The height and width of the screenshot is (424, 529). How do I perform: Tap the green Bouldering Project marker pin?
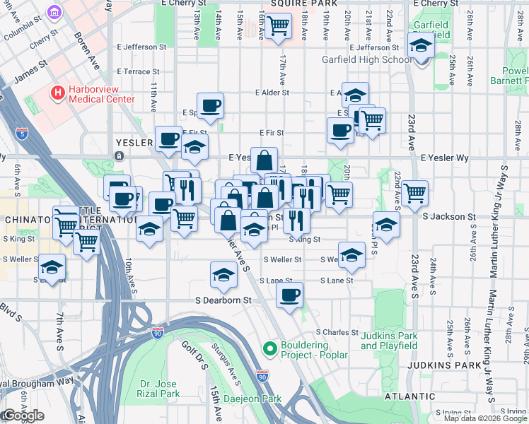pos(269,348)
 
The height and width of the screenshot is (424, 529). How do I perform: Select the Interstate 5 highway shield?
pos(23,133)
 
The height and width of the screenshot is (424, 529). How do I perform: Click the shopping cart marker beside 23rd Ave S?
pos(414,192)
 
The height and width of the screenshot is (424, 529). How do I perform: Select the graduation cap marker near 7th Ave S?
pos(52,268)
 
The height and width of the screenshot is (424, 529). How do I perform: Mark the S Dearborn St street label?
pos(223,300)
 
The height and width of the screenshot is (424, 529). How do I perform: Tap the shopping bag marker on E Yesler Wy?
pos(264,160)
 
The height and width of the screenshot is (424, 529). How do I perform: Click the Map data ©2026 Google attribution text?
pos(485,418)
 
